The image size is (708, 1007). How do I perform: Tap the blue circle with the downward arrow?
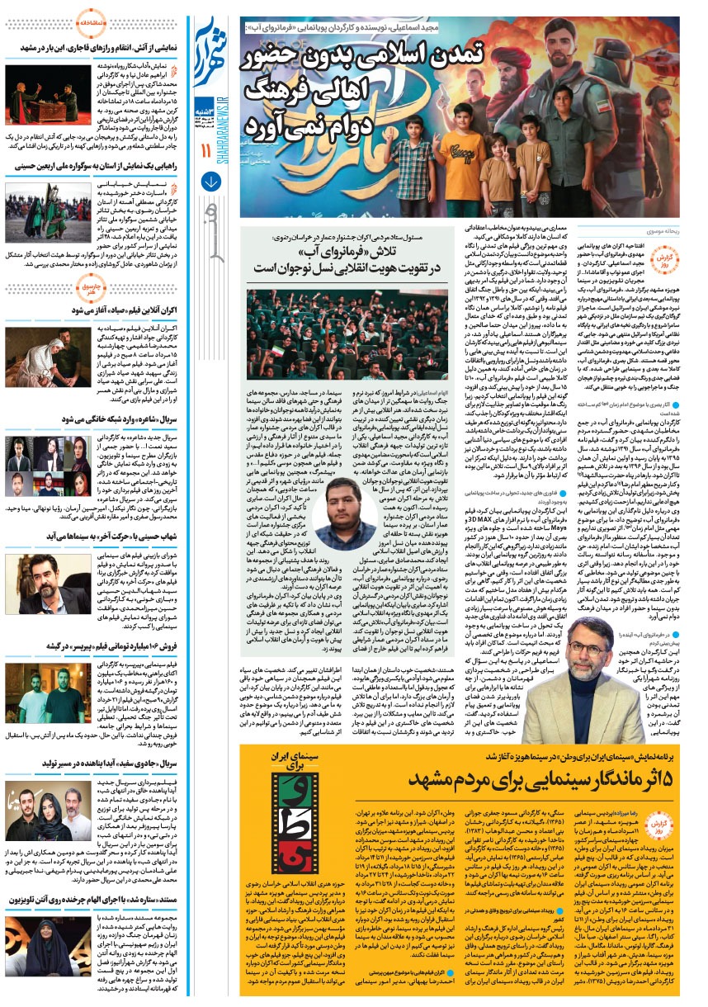click(x=211, y=182)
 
